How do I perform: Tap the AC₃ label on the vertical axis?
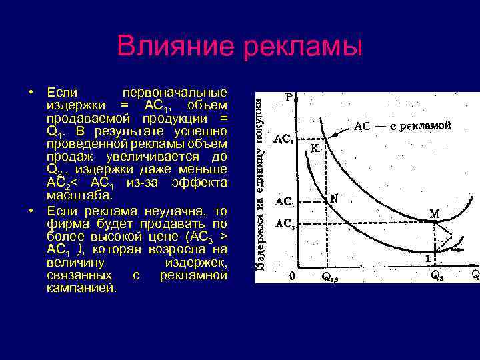[x=283, y=139]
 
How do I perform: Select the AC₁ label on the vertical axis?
[x=284, y=201]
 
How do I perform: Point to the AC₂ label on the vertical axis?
[x=284, y=224]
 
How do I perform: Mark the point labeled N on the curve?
[x=334, y=198]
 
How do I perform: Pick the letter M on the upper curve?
[x=434, y=214]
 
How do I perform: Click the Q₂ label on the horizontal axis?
[x=437, y=275]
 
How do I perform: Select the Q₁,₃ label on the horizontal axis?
[x=331, y=275]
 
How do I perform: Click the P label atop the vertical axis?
[x=289, y=97]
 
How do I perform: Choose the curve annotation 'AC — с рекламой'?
[x=402, y=125]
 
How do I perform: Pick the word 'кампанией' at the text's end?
[x=81, y=288]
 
